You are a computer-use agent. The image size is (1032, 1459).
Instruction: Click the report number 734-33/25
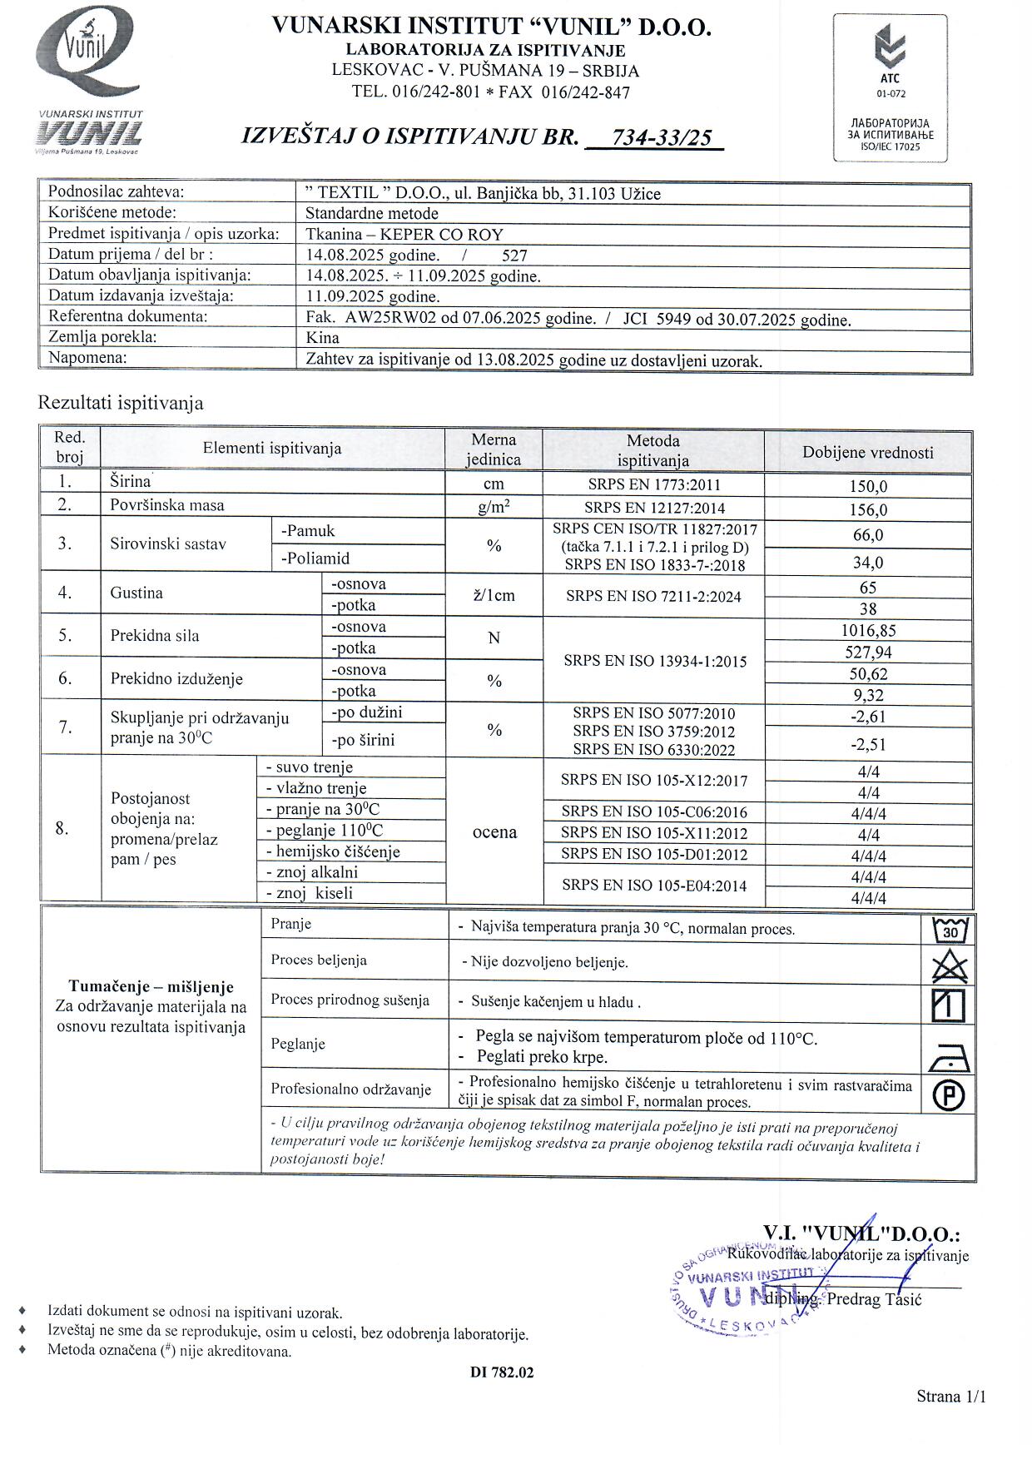[662, 137]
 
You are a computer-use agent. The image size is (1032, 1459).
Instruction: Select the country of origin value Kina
[322, 338]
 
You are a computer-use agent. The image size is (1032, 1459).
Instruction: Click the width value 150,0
[867, 487]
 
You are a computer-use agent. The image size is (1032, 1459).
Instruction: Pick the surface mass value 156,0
[867, 510]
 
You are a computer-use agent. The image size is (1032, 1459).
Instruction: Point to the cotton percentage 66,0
[867, 535]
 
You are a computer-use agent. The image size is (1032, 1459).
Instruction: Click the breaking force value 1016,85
[867, 631]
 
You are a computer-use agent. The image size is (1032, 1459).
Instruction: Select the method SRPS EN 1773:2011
[652, 484]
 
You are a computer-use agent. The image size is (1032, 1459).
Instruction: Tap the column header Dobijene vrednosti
[867, 453]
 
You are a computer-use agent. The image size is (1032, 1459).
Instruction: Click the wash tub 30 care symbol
[949, 929]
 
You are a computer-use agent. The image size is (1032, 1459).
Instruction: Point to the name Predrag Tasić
[875, 1299]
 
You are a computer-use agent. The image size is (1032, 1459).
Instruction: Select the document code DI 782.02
[501, 1372]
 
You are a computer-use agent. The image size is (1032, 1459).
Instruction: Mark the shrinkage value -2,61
[867, 717]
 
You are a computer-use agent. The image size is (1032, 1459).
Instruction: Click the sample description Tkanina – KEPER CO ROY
[404, 235]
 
